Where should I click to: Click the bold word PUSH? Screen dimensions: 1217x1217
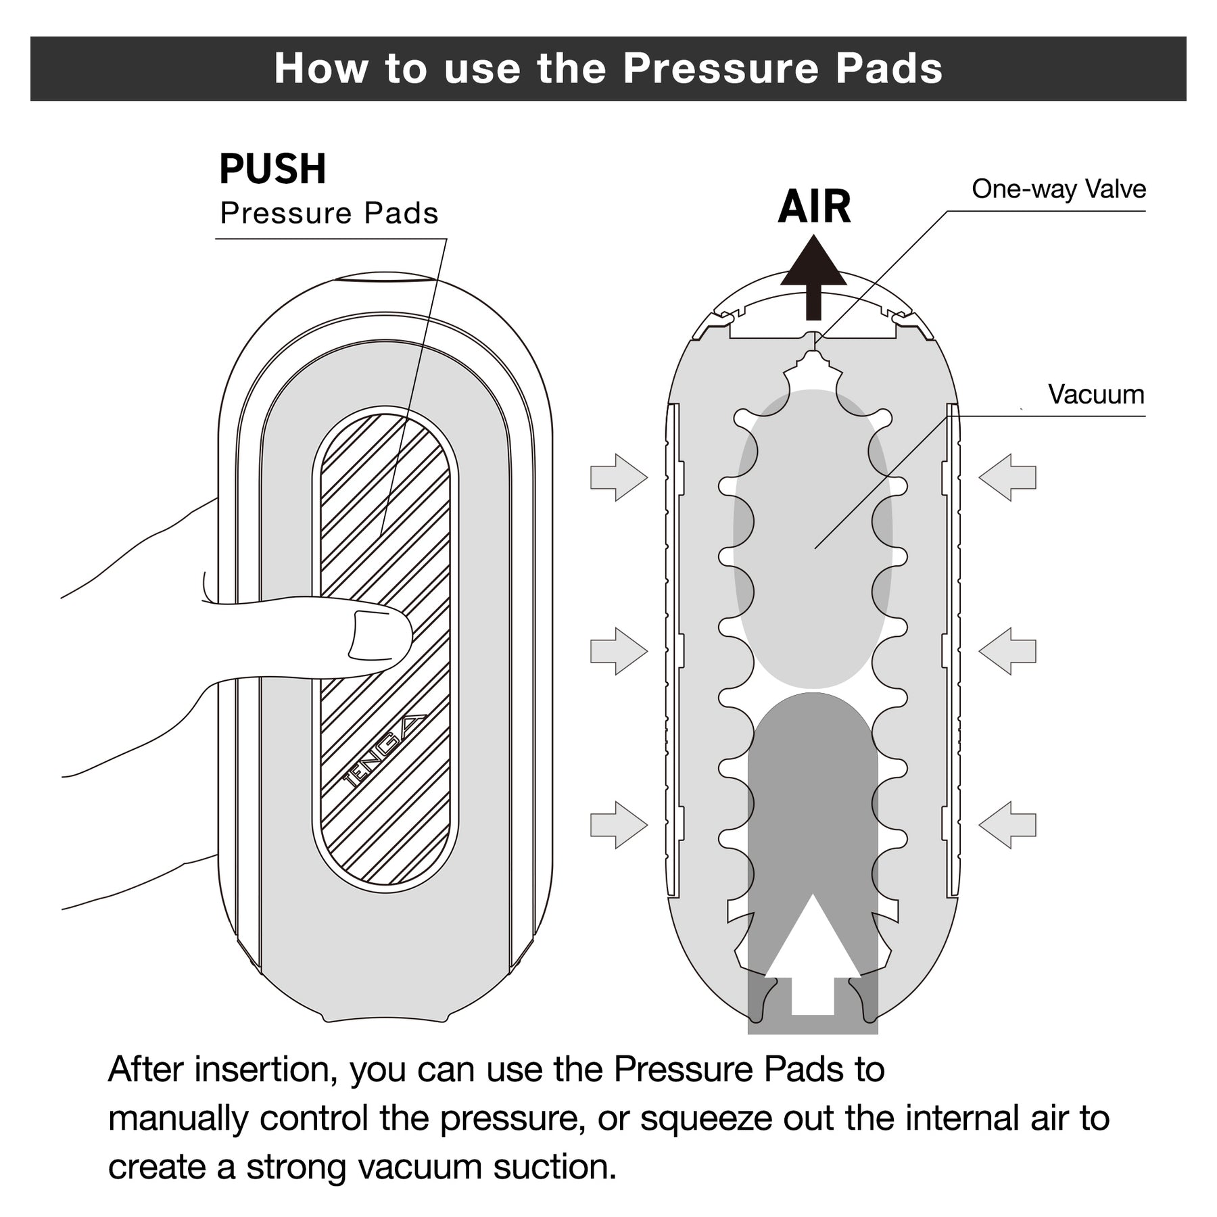coord(272,169)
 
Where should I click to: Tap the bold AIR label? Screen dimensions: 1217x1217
coord(814,207)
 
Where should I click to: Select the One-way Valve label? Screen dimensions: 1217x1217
coord(1059,189)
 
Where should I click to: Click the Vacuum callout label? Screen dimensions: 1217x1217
coord(1096,394)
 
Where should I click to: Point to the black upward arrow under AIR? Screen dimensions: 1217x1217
coord(814,277)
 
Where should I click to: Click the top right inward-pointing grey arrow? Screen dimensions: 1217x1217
coord(1007,477)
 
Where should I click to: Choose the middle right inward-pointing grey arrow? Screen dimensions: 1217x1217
coord(1007,650)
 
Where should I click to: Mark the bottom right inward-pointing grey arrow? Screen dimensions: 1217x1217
coord(1007,824)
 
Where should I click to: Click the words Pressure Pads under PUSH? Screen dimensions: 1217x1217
coord(329,214)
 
